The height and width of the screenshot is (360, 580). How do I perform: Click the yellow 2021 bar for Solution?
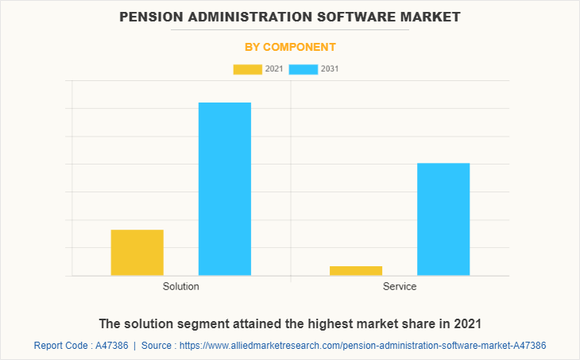click(137, 253)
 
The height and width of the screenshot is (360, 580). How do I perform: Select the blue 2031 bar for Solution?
click(224, 189)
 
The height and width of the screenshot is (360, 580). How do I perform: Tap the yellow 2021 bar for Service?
click(355, 271)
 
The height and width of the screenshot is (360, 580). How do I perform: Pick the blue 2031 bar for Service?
click(443, 219)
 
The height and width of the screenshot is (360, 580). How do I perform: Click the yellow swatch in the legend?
click(247, 69)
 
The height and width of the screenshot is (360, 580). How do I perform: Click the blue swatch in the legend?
click(303, 69)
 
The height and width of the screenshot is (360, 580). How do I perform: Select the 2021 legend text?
click(273, 69)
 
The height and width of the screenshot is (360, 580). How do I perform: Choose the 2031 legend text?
click(330, 69)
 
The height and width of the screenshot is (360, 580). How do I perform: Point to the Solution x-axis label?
click(180, 286)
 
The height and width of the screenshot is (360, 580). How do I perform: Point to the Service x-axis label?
click(399, 286)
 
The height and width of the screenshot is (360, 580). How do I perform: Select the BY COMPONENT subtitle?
click(289, 47)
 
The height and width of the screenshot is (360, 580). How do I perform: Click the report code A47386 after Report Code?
click(110, 346)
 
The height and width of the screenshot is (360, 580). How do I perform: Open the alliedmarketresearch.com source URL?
click(363, 346)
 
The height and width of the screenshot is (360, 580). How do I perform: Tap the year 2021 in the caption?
click(468, 324)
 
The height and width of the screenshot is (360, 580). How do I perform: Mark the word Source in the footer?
click(158, 346)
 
